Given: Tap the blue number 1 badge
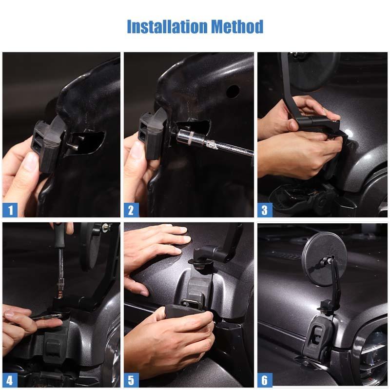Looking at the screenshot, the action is tap(10, 210).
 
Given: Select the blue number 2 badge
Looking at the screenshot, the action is tap(131, 210).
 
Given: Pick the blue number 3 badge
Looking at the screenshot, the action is tap(265, 210).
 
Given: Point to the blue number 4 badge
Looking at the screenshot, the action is tap(10, 380).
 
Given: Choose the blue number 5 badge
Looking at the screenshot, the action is tap(131, 380).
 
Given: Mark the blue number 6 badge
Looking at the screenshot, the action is tap(265, 380).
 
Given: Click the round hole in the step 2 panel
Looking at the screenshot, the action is tap(233, 92).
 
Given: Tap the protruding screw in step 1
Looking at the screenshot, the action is tap(74, 144).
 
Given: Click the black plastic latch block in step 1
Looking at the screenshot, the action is tap(47, 144).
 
